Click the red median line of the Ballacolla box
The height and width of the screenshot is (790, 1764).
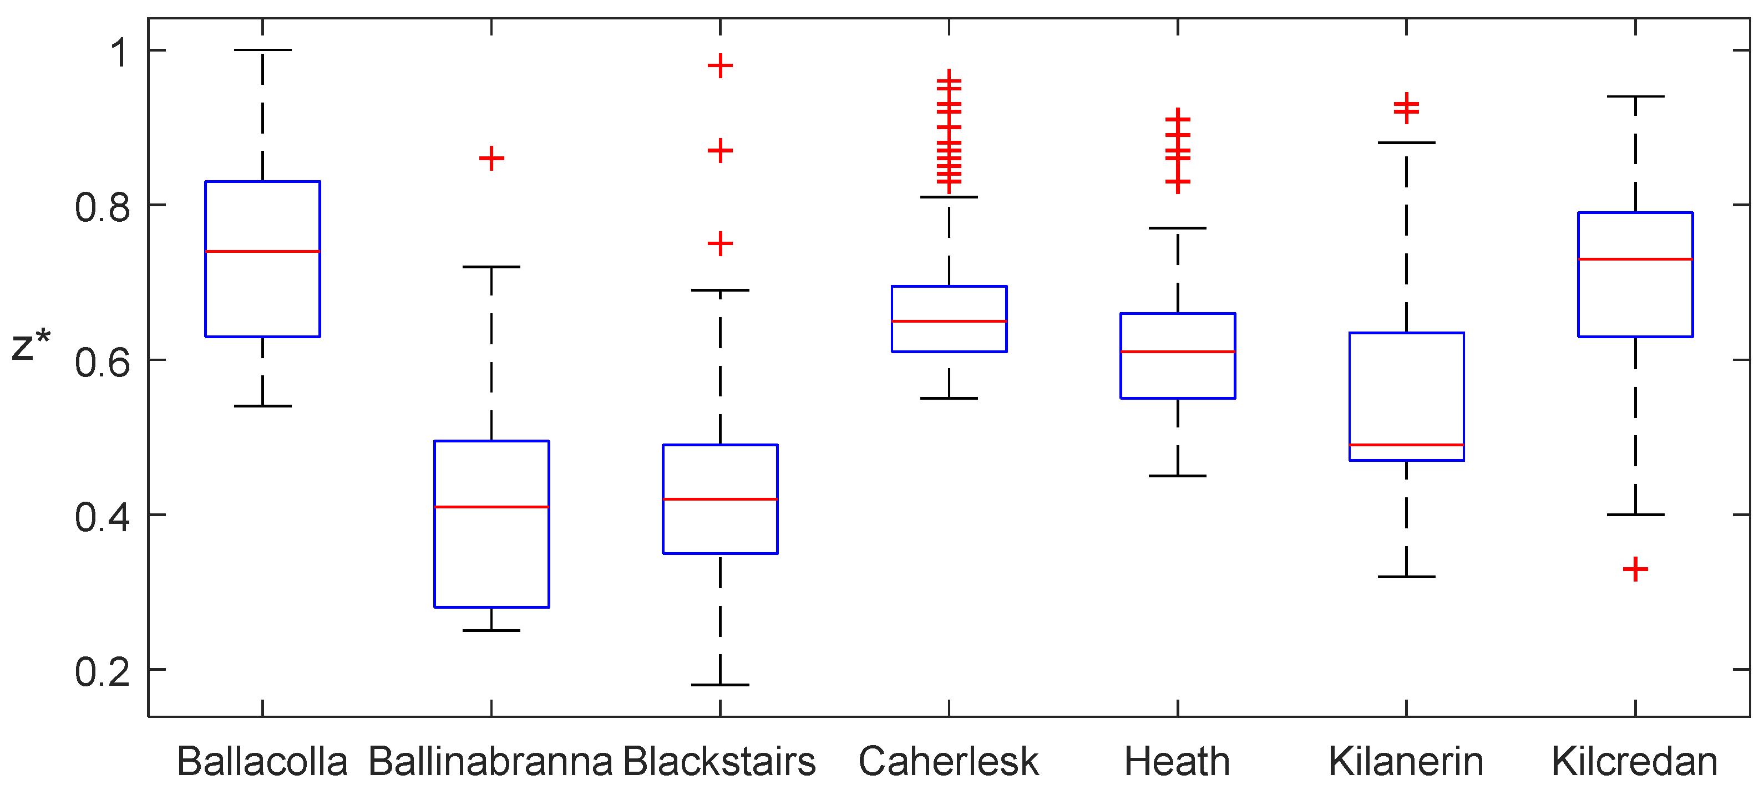click(x=262, y=251)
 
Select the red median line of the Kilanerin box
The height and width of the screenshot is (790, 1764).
click(x=1407, y=445)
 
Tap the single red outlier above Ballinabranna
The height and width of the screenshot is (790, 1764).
click(x=491, y=159)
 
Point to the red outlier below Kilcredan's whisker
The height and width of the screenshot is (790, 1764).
click(x=1635, y=569)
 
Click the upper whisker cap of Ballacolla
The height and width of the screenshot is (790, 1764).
click(x=262, y=50)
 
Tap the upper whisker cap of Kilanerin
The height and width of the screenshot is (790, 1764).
click(x=1407, y=142)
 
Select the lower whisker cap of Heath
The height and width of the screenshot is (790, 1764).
click(x=1178, y=476)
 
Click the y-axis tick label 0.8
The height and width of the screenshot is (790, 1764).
click(x=102, y=207)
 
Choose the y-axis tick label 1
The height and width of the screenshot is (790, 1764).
click(x=120, y=52)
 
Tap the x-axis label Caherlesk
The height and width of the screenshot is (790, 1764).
click(x=949, y=761)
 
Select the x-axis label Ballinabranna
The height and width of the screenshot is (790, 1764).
click(x=490, y=761)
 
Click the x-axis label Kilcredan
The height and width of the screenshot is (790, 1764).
click(x=1635, y=761)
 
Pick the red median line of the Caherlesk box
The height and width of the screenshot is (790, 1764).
click(x=949, y=321)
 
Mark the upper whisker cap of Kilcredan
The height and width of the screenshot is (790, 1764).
click(x=1635, y=96)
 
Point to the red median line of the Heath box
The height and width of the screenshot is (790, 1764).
click(x=1178, y=352)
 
